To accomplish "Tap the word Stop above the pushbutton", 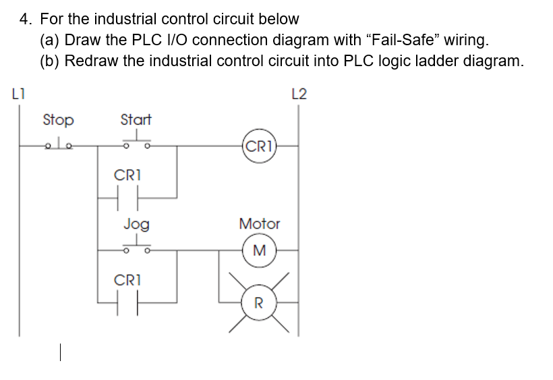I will [x=58, y=120].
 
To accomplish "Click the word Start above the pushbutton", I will [x=136, y=120].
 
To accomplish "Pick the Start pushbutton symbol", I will [x=136, y=142].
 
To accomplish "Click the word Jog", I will [x=136, y=223].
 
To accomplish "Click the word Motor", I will [x=259, y=223].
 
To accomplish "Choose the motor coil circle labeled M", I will [x=259, y=250].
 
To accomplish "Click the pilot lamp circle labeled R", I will [x=259, y=302].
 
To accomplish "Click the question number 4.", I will [x=24, y=19].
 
